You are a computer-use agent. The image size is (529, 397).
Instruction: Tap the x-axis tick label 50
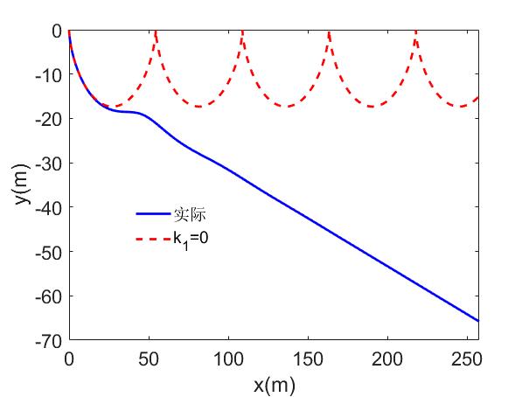coord(148,359)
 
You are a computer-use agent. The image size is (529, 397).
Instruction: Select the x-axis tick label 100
coord(227,359)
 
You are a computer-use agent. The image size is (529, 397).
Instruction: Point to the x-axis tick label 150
coord(307,359)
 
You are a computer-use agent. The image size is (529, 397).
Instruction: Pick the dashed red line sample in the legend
coord(153,237)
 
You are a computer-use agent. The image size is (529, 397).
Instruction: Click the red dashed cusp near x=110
coord(242,32)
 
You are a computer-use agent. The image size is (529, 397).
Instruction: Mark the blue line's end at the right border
coord(478,321)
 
